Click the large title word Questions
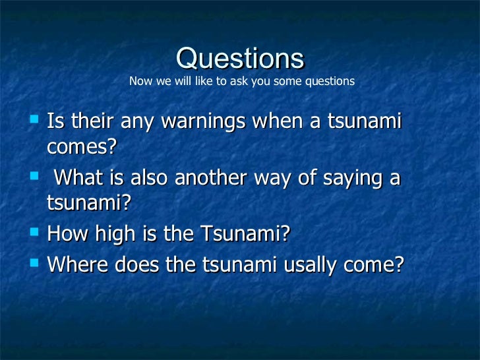pyautogui.click(x=240, y=59)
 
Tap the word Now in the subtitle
pyautogui.click(x=140, y=82)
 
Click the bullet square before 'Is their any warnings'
pyautogui.click(x=35, y=119)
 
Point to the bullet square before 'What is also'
pyautogui.click(x=35, y=176)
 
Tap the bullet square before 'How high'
pyautogui.click(x=35, y=233)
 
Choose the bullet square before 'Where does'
pyautogui.click(x=35, y=262)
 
